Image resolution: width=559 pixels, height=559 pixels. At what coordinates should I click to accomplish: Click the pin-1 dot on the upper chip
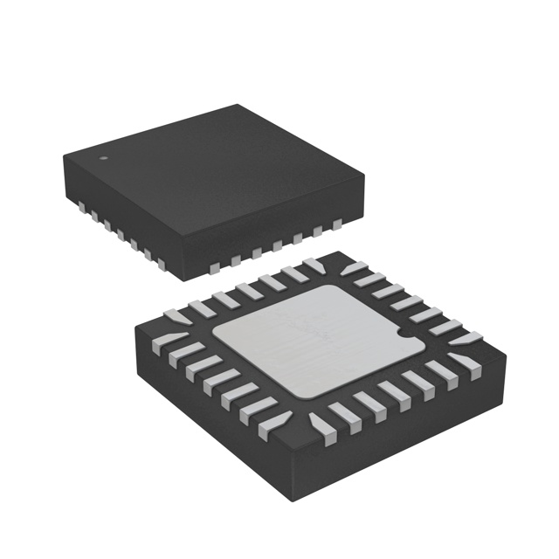coord(104,158)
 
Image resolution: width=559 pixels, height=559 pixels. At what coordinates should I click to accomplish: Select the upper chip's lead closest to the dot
coord(80,207)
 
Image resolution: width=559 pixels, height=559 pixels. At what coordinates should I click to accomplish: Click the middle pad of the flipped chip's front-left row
coord(220,385)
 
